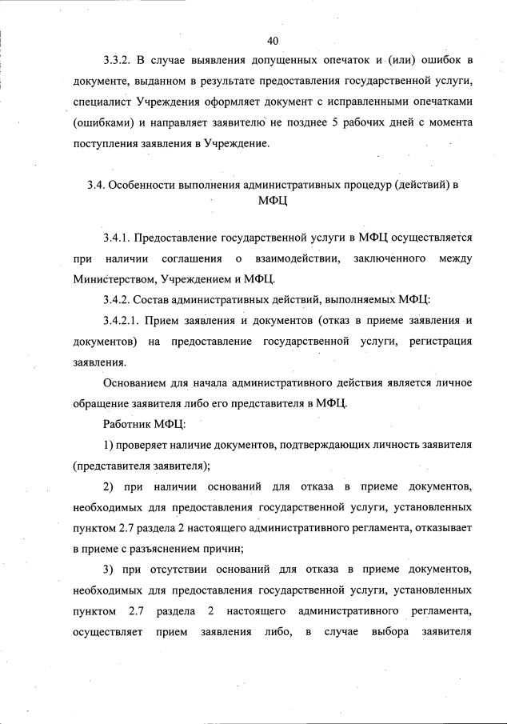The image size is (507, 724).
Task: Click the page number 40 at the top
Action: (x=273, y=40)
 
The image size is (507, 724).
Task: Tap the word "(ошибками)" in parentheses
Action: (x=101, y=123)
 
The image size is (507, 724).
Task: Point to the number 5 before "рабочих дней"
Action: (x=331, y=123)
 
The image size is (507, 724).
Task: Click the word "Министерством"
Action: (x=113, y=279)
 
